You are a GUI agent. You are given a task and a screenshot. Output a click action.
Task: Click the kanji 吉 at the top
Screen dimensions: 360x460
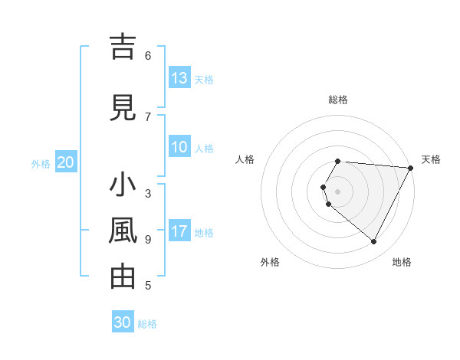pos(123,47)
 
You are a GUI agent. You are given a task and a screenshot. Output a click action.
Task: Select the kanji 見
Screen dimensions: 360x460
pos(123,107)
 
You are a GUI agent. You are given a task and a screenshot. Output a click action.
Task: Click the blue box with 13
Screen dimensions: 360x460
pos(179,78)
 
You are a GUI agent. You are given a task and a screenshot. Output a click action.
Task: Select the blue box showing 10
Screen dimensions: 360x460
pos(179,147)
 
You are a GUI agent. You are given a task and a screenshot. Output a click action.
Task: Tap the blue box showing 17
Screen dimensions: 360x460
pos(179,231)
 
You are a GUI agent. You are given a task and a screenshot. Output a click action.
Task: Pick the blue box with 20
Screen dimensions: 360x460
pos(65,162)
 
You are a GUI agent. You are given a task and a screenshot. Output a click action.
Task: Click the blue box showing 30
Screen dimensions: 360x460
pos(123,322)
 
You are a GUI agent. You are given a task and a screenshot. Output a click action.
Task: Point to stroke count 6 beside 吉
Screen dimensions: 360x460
pos(148,55)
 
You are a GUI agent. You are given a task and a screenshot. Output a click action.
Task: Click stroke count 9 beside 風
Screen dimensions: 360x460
pos(148,239)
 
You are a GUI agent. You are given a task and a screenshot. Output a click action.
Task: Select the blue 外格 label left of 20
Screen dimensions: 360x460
pos(41,163)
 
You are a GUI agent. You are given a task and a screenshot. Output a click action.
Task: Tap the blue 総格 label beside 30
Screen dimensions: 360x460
pos(147,323)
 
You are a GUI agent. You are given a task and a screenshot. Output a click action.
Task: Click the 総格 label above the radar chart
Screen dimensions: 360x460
pos(338,100)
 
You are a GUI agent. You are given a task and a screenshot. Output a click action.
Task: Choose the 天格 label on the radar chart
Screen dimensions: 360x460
pos(431,159)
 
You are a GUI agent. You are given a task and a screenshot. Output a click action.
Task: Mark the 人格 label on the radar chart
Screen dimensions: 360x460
pos(245,159)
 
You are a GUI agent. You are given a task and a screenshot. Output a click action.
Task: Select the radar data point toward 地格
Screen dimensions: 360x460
pos(374,242)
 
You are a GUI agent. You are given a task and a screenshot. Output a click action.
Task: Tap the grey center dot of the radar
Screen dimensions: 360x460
pos(338,191)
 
